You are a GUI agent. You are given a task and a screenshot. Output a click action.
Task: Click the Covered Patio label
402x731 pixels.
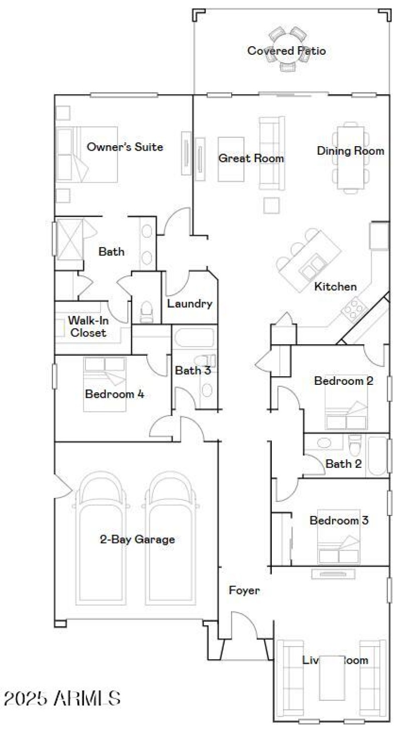286,51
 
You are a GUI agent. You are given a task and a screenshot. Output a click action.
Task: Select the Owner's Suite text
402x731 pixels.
125,147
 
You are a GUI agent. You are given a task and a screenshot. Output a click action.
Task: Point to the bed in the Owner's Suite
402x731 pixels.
88,154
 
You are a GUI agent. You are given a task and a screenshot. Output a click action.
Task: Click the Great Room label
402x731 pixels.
251,158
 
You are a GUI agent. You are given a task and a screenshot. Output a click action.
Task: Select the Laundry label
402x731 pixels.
189,303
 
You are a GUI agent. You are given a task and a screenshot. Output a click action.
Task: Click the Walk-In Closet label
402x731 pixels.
87,326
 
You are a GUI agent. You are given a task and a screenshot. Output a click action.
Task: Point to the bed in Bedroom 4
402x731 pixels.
105,384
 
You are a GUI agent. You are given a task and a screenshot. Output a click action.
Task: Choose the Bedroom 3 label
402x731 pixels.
339,520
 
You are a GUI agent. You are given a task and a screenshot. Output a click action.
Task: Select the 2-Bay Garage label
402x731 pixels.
137,540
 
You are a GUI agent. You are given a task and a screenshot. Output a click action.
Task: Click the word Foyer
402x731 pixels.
244,590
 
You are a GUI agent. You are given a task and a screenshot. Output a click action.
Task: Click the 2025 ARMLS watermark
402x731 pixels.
62,698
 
